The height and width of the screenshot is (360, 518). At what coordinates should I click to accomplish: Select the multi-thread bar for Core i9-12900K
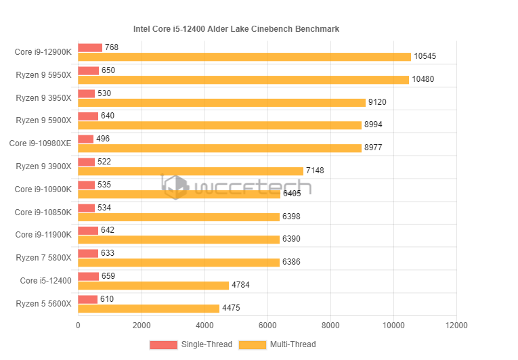(x=244, y=57)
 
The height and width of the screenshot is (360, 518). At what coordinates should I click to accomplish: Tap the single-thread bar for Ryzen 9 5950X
(x=89, y=70)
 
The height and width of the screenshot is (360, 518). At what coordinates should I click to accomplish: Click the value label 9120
(x=376, y=103)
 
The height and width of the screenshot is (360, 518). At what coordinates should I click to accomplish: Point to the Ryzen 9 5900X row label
(x=43, y=120)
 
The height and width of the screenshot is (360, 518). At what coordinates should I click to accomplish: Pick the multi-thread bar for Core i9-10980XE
(x=219, y=148)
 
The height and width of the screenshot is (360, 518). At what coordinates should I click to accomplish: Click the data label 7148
(x=315, y=171)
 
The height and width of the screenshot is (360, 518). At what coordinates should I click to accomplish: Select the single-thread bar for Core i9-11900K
(x=88, y=231)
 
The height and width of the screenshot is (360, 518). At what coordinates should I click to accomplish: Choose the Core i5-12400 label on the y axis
(x=45, y=281)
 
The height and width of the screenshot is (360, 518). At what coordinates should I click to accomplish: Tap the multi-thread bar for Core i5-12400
(x=154, y=286)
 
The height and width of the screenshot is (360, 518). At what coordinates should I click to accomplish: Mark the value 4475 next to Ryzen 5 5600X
(x=231, y=309)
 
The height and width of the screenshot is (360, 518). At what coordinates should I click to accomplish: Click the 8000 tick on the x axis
(x=330, y=325)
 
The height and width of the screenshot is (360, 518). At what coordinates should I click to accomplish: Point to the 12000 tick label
(x=456, y=325)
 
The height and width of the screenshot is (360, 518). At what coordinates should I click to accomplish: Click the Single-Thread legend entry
(x=192, y=344)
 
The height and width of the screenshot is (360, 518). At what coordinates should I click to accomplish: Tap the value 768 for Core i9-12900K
(x=112, y=47)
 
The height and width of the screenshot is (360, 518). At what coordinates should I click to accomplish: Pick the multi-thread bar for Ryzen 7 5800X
(x=179, y=263)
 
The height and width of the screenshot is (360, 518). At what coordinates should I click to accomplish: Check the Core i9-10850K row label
(x=43, y=212)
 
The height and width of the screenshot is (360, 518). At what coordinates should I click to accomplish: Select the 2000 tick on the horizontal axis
(x=141, y=325)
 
